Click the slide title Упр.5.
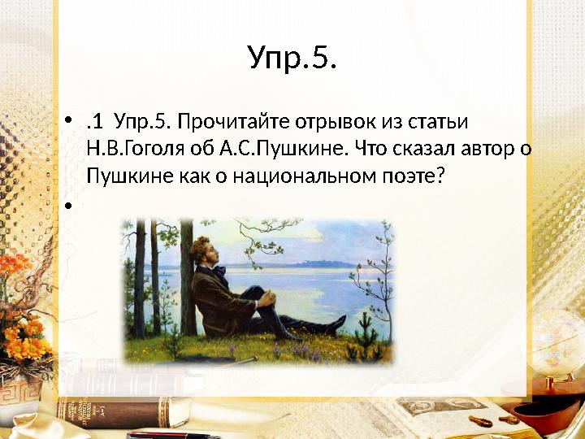292,58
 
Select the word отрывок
335,122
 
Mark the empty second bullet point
68,205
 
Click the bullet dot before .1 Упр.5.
68,120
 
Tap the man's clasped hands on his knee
267,299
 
